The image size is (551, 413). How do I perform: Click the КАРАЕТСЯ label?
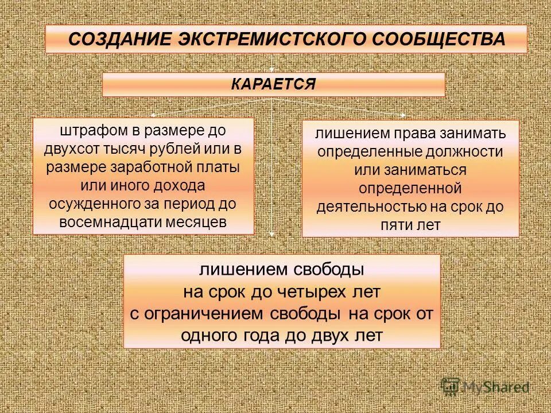273,84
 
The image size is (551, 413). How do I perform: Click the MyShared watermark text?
496,387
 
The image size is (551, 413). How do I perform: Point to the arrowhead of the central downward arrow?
272,233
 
